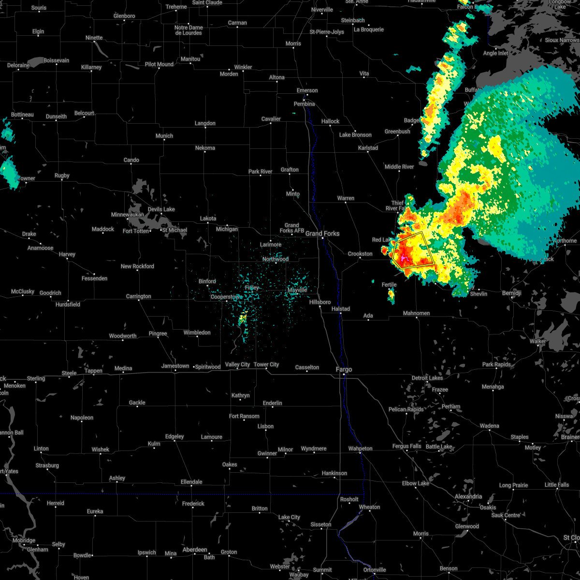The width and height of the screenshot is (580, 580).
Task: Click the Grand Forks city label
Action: (322, 233)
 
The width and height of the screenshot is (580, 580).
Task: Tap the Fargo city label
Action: (344, 369)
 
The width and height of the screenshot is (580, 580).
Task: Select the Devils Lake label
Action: (161, 209)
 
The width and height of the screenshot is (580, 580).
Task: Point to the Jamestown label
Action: (175, 366)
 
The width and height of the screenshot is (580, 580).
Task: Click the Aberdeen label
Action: (195, 550)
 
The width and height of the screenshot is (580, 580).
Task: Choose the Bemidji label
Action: (511, 293)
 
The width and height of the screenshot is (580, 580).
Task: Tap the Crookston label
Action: (360, 254)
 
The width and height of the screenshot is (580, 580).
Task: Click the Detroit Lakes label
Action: (427, 378)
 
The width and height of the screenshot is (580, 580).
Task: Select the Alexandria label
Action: (468, 496)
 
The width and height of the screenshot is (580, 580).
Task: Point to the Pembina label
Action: (304, 104)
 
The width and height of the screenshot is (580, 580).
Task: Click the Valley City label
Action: (237, 364)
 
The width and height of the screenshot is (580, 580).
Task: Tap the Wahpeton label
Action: (361, 449)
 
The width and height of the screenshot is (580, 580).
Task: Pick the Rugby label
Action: (62, 175)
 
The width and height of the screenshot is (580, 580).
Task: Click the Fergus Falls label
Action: (406, 446)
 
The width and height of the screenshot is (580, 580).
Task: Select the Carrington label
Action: (139, 296)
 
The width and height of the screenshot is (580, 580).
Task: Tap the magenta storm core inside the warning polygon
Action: (404, 260)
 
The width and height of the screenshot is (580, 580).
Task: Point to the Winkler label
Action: (243, 67)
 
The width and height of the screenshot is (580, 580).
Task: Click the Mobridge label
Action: (24, 540)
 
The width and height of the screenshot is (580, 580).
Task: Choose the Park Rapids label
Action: (496, 364)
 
